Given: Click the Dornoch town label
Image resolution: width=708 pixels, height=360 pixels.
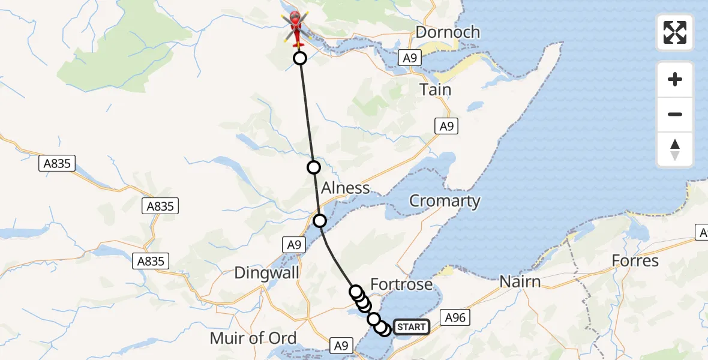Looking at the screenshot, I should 448,32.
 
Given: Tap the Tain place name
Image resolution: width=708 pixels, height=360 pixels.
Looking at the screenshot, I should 436,89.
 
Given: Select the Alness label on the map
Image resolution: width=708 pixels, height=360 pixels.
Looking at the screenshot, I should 345,188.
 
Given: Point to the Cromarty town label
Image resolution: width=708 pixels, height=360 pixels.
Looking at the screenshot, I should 445,201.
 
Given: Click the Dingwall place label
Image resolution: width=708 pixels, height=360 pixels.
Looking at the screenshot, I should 266,273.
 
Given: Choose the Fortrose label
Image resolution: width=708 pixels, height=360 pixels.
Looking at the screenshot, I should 401,284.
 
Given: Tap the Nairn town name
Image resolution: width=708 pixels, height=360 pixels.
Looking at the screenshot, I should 521,281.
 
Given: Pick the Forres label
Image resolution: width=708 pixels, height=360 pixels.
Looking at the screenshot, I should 635,261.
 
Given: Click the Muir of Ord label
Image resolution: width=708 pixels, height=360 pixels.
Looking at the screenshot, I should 254,338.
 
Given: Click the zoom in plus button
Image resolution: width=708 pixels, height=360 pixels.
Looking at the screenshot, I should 675,79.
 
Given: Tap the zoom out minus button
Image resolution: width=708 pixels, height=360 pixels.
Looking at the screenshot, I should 675,114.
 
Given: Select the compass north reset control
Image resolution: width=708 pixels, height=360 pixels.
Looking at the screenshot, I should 675,149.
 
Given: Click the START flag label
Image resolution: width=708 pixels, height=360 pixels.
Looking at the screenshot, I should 411,327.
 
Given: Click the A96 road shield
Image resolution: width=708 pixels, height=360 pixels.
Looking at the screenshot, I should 455,317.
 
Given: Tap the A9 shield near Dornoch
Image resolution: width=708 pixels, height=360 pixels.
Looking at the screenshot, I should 410,58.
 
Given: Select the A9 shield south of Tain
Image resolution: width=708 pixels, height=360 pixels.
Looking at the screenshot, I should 446,127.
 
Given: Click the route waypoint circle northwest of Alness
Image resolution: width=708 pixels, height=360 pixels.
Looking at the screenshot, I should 313,167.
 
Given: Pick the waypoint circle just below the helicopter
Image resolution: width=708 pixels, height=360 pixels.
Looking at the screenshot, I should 299,58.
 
